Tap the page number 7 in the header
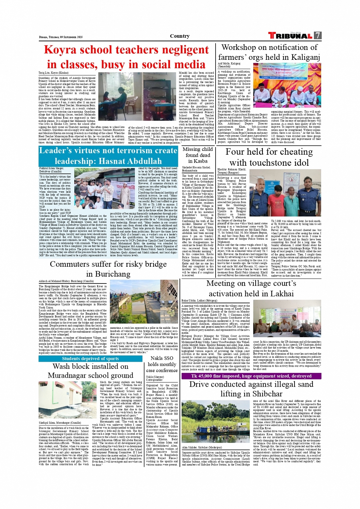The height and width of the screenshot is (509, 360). pyautogui.click(x=317, y=35)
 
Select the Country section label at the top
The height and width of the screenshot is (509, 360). pyautogui.click(x=179, y=36)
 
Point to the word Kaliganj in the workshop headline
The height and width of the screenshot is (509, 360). pyautogui.click(x=301, y=57)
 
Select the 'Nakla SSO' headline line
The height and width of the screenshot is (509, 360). pyautogui.click(x=162, y=358)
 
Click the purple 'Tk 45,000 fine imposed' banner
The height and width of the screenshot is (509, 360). pyautogui.click(x=251, y=376)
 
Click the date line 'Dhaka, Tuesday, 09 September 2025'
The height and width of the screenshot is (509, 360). pyautogui.click(x=61, y=37)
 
